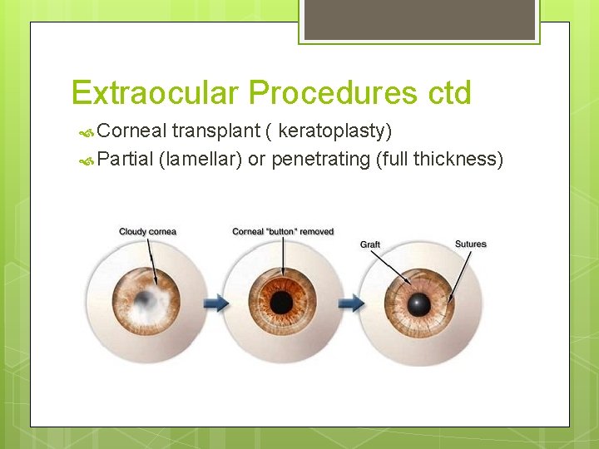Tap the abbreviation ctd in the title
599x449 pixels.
450,93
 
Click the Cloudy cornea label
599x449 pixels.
147,231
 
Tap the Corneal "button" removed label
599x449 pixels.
283,231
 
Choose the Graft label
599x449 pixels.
370,244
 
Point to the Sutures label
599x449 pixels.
470,244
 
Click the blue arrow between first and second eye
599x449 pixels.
217,303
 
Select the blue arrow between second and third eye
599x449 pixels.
353,303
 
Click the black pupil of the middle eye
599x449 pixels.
283,301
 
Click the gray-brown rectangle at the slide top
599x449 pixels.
419,19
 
